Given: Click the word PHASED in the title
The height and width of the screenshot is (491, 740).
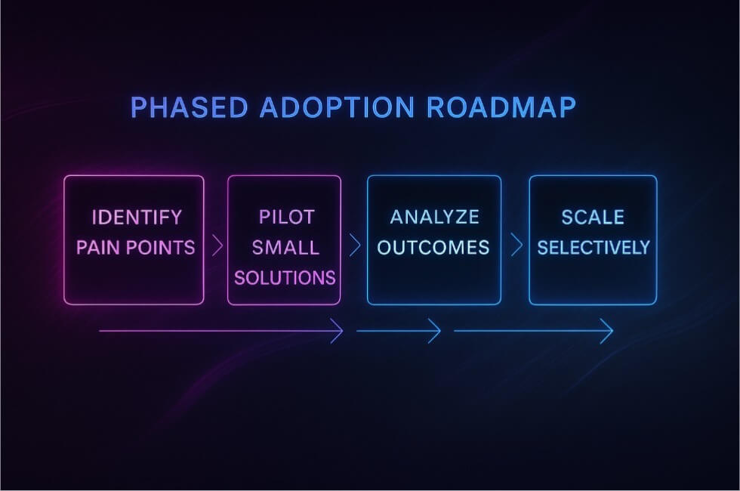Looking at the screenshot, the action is click(x=190, y=107).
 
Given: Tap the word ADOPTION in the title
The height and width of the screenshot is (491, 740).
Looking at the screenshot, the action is click(x=338, y=107).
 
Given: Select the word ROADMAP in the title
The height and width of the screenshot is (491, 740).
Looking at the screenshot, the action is click(x=501, y=107).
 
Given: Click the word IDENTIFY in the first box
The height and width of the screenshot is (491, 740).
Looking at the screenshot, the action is click(x=137, y=218).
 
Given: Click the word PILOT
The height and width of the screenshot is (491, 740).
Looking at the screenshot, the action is click(x=286, y=218).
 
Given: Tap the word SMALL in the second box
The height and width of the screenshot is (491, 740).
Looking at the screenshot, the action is click(x=285, y=248).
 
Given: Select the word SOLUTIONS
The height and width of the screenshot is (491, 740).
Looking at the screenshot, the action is click(x=285, y=278).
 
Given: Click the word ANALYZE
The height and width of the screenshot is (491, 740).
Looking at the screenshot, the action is click(x=435, y=218).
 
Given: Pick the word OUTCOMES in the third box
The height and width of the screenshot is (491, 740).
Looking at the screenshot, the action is click(x=433, y=248).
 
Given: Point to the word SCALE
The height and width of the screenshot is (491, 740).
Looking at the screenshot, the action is click(x=593, y=218).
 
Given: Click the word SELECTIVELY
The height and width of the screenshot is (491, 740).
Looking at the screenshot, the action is click(x=594, y=248).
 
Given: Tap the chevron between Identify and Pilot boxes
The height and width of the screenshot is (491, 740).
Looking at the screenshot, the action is click(x=217, y=245).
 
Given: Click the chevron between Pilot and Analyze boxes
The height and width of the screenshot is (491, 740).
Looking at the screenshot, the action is click(x=355, y=245).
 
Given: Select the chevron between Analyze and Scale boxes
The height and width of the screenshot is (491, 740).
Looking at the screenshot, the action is click(x=517, y=245).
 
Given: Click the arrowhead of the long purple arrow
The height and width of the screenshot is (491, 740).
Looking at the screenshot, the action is click(x=337, y=331).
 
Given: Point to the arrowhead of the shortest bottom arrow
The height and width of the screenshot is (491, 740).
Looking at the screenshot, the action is click(x=435, y=331).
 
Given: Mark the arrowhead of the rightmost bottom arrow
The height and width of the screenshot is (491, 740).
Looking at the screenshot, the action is click(x=607, y=331).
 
